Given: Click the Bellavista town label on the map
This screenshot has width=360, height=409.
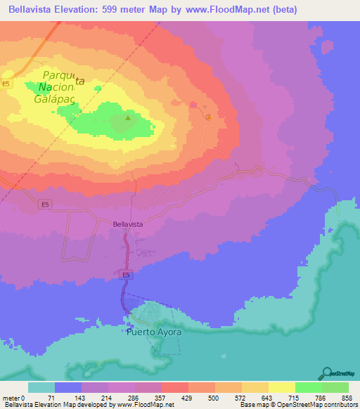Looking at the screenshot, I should pos(128,223).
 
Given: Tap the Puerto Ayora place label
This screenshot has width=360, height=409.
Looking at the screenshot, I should pos(154,332).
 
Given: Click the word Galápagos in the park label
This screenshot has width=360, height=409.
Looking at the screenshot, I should pos(54,99).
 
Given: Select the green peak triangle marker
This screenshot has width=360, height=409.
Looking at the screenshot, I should pos(128,118).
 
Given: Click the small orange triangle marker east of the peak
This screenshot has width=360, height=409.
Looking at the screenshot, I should pos(208,117).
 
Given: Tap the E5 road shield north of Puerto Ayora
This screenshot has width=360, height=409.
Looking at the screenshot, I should pos(126,275).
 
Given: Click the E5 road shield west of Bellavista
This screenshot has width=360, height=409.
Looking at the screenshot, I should pos(44,204).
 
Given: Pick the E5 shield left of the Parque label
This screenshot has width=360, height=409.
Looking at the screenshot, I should pos(6,84).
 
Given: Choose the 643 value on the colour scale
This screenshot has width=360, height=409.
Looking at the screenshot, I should pos(269,398).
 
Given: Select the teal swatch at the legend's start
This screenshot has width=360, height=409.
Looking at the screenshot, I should pos(41,387).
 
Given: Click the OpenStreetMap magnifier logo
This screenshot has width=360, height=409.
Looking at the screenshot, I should pos(328,373).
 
